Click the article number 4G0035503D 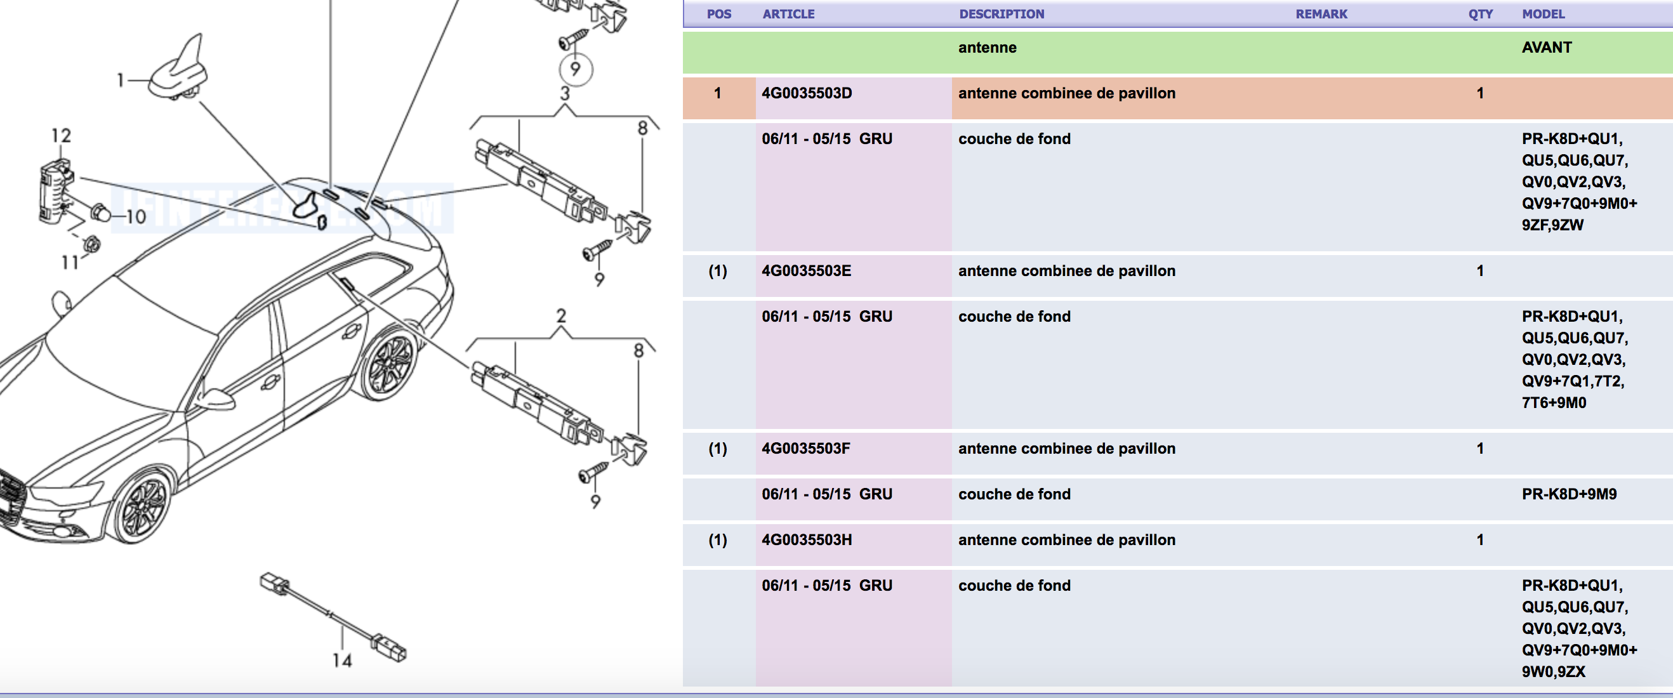coord(807,93)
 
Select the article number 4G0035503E coord(806,272)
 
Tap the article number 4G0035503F coord(805,449)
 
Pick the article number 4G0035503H coord(807,540)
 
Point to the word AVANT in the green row coord(1546,48)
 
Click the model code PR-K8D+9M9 coord(1569,495)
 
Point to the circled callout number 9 coord(576,69)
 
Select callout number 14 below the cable coord(342,661)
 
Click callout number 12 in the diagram coord(61,136)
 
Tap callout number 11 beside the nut coord(69,262)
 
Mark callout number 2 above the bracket coord(561,316)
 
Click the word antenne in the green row coord(987,48)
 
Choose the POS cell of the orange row coord(718,93)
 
